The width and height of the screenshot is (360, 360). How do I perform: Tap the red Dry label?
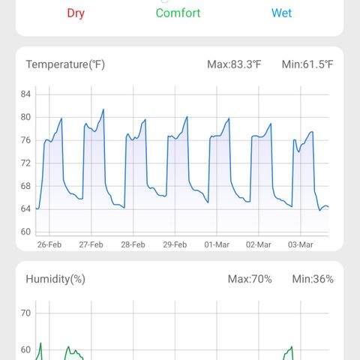pyautogui.click(x=76, y=13)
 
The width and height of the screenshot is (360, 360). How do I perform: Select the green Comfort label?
pyautogui.click(x=178, y=13)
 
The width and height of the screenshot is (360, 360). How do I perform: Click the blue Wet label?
pyautogui.click(x=281, y=13)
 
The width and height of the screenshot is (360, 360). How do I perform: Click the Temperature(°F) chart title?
pyautogui.click(x=65, y=64)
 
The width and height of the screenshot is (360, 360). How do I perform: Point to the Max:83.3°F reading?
pyautogui.click(x=234, y=64)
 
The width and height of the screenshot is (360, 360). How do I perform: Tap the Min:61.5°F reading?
pyautogui.click(x=307, y=64)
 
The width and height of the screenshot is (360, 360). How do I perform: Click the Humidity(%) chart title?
pyautogui.click(x=55, y=279)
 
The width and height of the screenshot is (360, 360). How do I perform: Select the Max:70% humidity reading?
pyautogui.click(x=250, y=279)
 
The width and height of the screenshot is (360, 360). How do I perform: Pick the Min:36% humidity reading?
pyautogui.click(x=313, y=279)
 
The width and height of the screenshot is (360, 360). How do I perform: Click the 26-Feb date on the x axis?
pyautogui.click(x=49, y=244)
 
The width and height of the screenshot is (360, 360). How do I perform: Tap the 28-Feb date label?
pyautogui.click(x=133, y=244)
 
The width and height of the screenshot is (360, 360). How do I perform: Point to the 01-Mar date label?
pyautogui.click(x=217, y=244)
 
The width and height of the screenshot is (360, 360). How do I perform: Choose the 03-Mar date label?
pyautogui.click(x=301, y=244)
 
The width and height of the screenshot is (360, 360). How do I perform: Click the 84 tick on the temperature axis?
pyautogui.click(x=25, y=94)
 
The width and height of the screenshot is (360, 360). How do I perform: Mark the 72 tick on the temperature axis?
pyautogui.click(x=25, y=163)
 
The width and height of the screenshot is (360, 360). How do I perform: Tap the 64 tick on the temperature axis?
pyautogui.click(x=25, y=208)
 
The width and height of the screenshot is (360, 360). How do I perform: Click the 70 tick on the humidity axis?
pyautogui.click(x=25, y=313)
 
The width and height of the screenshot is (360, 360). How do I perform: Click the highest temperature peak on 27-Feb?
pyautogui.click(x=103, y=109)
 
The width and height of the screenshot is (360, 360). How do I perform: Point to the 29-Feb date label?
pyautogui.click(x=175, y=244)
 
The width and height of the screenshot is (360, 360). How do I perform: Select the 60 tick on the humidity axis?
pyautogui.click(x=25, y=349)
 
